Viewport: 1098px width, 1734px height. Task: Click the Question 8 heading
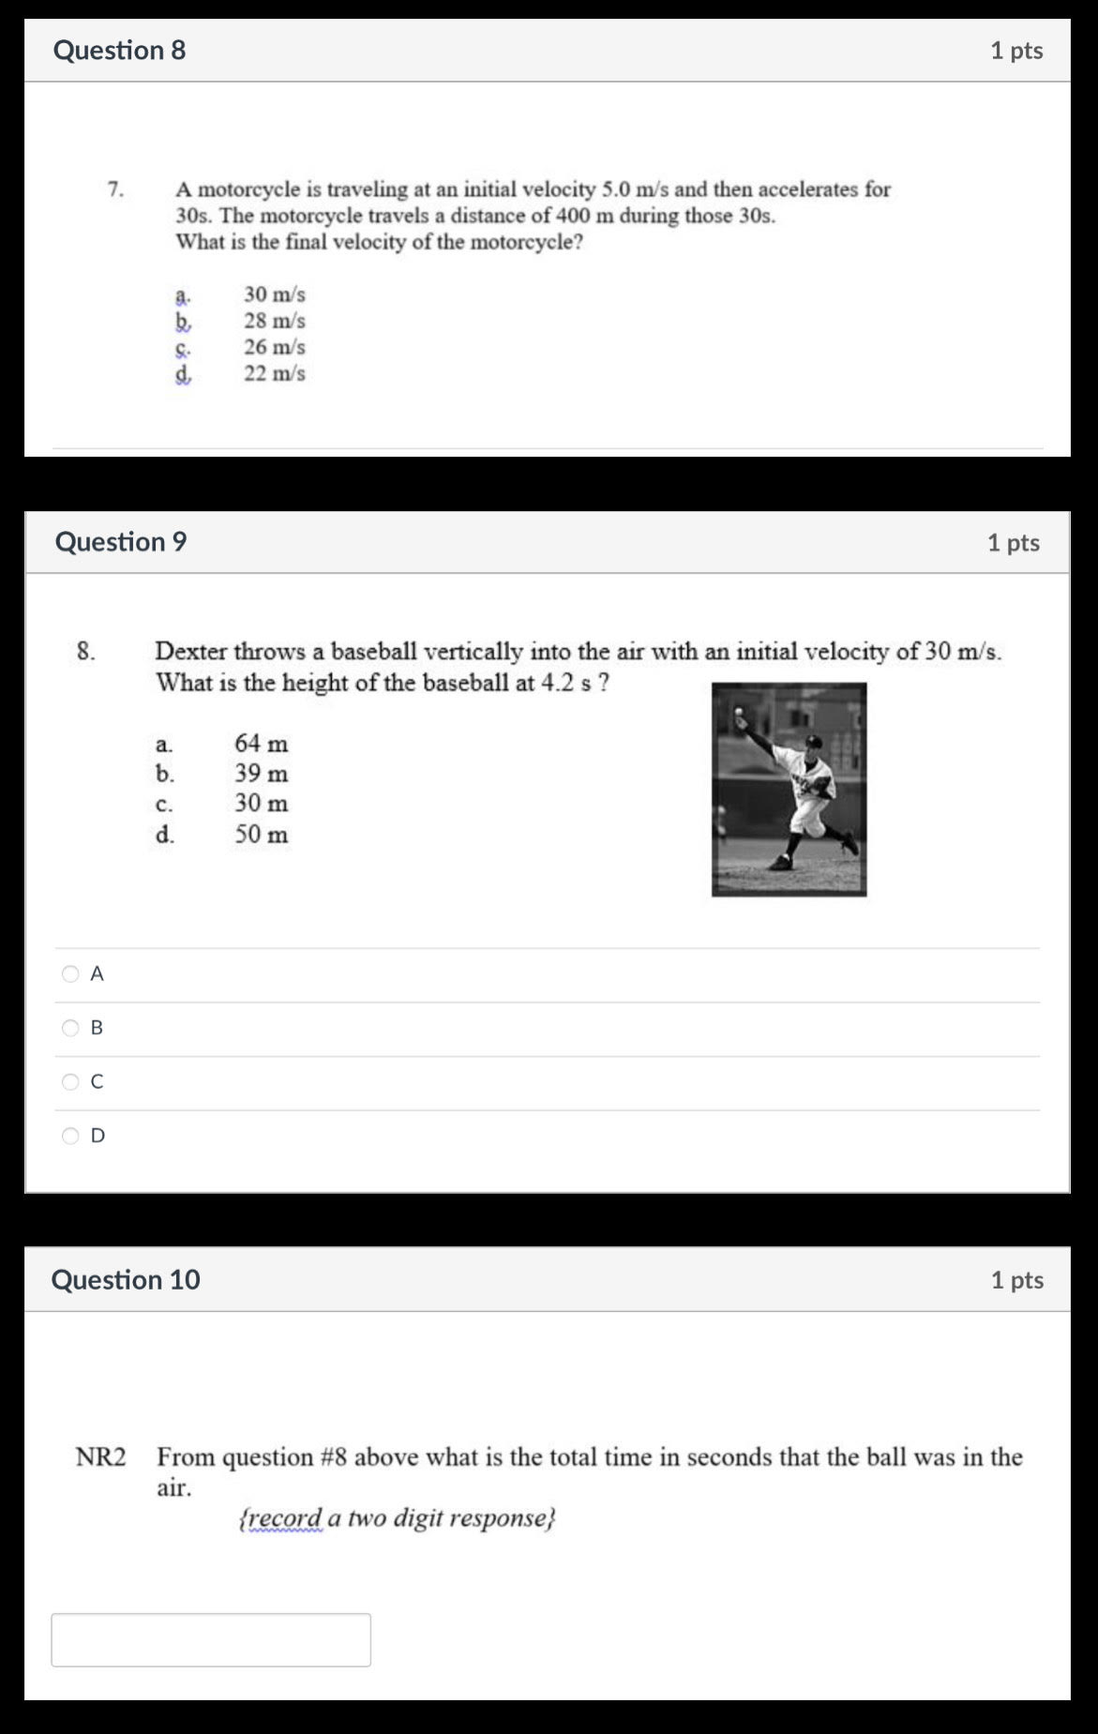(x=119, y=50)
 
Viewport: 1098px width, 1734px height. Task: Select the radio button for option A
(x=70, y=973)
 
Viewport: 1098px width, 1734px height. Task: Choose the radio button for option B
(x=70, y=1028)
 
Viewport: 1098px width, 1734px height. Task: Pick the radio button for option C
(x=70, y=1082)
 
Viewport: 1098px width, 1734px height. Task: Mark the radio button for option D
(x=70, y=1136)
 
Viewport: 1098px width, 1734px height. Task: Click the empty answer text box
(x=211, y=1639)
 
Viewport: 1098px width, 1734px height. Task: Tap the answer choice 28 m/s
(x=275, y=321)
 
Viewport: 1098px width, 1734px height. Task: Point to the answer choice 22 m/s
(x=275, y=373)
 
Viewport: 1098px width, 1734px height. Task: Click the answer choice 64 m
(x=262, y=744)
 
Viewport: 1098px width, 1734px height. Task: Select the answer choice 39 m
(x=262, y=774)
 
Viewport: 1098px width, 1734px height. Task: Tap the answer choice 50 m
(x=262, y=834)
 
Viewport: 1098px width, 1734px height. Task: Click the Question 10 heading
(x=126, y=1279)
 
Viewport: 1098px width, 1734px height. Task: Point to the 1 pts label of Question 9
(x=1014, y=543)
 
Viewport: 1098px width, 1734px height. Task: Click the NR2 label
(x=100, y=1457)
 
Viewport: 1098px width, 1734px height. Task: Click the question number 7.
(x=116, y=189)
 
